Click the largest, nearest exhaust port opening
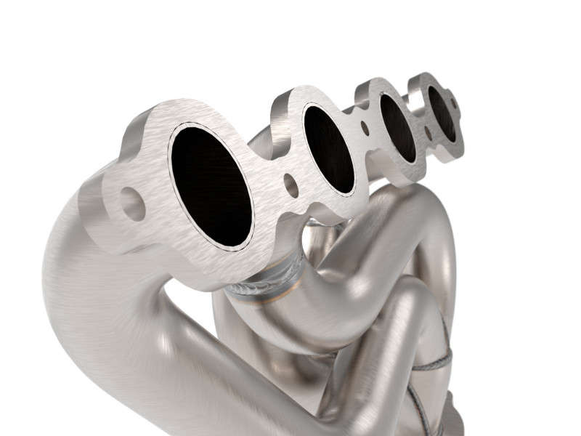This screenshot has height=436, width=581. (211, 185)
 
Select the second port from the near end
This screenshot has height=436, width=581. (328, 149)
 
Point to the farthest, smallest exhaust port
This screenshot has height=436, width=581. (442, 113)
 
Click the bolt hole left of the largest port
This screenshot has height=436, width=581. (132, 204)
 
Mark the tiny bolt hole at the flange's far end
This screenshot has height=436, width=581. (455, 104)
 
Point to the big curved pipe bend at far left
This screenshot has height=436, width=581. (80, 291)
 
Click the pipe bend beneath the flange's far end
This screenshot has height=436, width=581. (428, 218)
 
